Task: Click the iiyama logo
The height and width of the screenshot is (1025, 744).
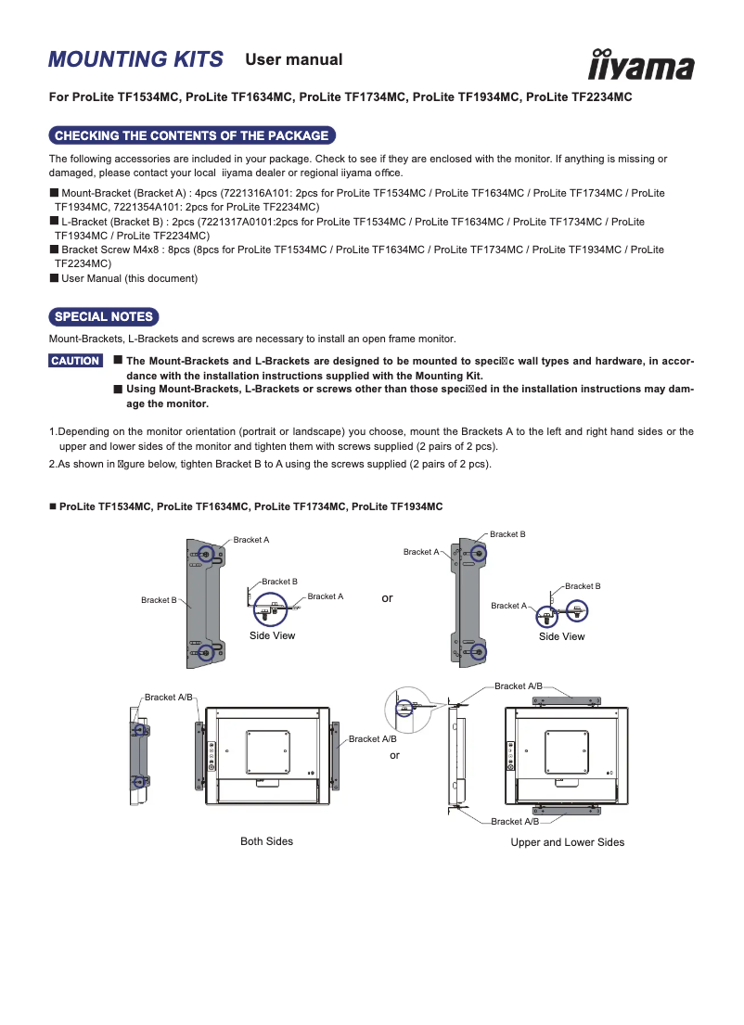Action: click(x=641, y=65)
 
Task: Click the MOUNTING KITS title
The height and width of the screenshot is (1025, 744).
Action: click(x=135, y=60)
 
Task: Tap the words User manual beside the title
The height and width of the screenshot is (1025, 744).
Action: click(x=293, y=60)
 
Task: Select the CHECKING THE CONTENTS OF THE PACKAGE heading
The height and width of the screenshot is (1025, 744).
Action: click(x=191, y=136)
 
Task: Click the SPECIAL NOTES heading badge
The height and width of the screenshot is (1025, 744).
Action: click(x=103, y=317)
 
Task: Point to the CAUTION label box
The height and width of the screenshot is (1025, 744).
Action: click(x=75, y=361)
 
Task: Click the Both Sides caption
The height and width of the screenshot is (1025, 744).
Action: click(x=266, y=841)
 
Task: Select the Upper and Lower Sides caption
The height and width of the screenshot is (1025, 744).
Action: click(x=567, y=842)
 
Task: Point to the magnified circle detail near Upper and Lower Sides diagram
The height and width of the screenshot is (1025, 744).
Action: click(x=405, y=706)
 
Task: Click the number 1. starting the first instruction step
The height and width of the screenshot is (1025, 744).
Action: click(x=53, y=431)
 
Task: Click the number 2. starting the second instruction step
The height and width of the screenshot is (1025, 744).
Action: click(x=53, y=464)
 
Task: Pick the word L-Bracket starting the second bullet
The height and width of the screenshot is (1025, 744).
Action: click(x=83, y=222)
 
